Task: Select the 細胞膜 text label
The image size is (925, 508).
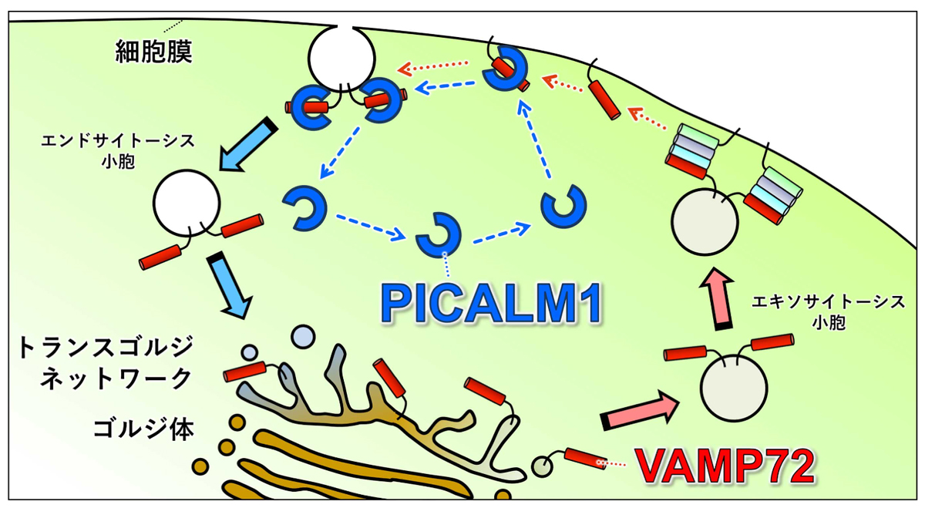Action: pos(153,52)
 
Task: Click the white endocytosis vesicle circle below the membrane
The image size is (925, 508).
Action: pos(187,203)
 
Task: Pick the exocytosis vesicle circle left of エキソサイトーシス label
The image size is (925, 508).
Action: pos(735,389)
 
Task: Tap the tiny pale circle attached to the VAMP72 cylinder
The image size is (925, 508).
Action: pos(543,466)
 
